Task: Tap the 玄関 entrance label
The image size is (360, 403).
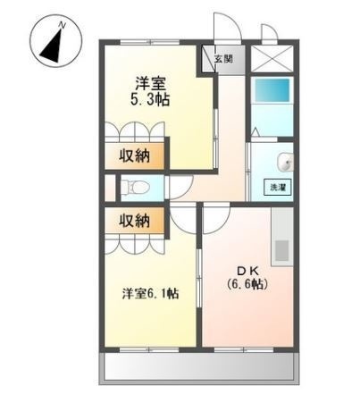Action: [222, 60]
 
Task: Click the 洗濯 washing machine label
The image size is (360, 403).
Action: [277, 187]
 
